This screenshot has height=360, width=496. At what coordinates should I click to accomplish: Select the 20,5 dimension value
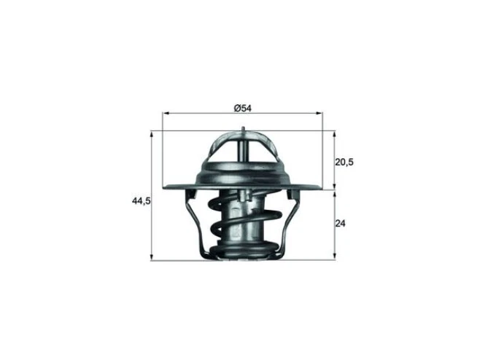pyautogui.click(x=344, y=162)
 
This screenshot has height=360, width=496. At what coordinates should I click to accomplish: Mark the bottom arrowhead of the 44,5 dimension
pyautogui.click(x=151, y=257)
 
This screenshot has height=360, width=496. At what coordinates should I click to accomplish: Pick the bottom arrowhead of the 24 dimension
pyautogui.click(x=333, y=257)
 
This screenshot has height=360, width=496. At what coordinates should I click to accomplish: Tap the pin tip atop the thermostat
pyautogui.click(x=242, y=129)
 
